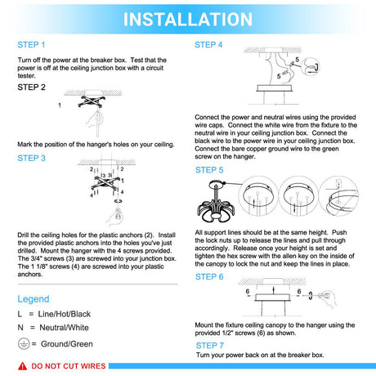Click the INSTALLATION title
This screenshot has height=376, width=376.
click(188, 19)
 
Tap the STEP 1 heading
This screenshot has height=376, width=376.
click(31, 45)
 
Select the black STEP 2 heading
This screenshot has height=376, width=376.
click(31, 87)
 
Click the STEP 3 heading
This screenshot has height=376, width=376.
click(31, 158)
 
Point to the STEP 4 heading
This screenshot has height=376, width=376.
click(208, 45)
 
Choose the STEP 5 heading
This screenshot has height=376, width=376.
click(209, 170)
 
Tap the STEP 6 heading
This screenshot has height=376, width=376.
click(209, 277)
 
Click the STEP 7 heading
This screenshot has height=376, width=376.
click(210, 346)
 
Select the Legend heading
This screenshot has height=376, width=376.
click(34, 299)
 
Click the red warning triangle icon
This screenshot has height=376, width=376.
click(23, 366)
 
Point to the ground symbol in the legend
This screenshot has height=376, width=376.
click(24, 344)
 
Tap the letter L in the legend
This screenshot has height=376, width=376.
click(20, 314)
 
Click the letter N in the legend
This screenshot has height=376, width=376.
click(20, 328)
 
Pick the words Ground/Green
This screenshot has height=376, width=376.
click(67, 344)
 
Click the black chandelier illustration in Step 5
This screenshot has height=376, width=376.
click(215, 202)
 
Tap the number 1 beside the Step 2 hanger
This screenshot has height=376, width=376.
click(60, 105)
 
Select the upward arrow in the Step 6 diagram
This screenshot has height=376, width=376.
click(274, 290)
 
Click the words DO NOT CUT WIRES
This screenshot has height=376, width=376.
click(69, 366)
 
